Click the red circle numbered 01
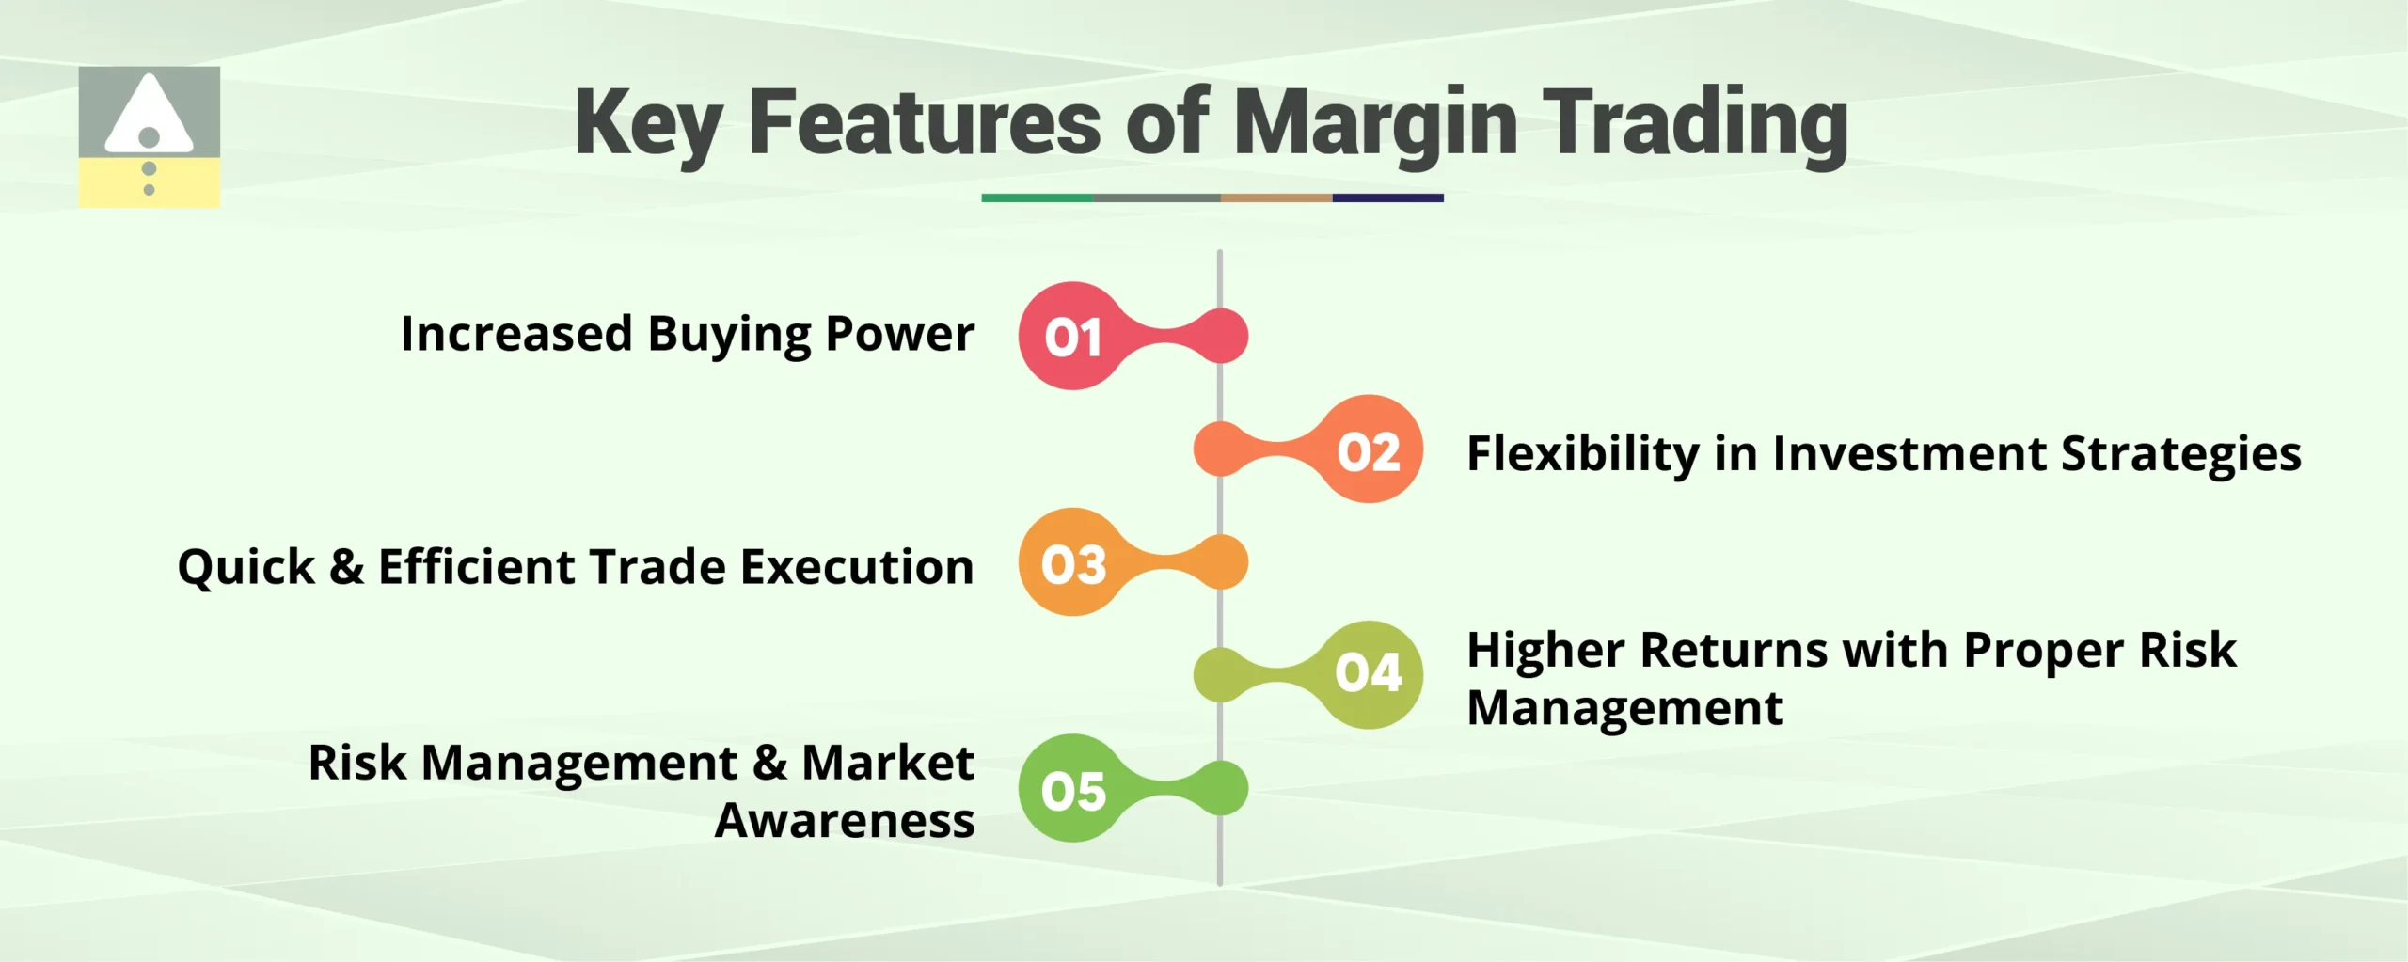pyautogui.click(x=1072, y=336)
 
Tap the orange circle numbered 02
pyautogui.click(x=1369, y=449)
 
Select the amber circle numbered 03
pyautogui.click(x=1072, y=562)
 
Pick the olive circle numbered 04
pyautogui.click(x=1369, y=674)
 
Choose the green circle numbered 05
pyautogui.click(x=1072, y=788)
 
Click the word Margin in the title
pyautogui.click(x=1375, y=122)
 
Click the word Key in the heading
pyautogui.click(x=648, y=122)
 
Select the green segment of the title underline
pyautogui.click(x=1037, y=198)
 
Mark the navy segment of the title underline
pyautogui.click(x=1387, y=198)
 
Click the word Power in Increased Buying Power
pyautogui.click(x=899, y=334)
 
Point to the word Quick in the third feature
pyautogui.click(x=246, y=567)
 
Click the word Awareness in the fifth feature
pyautogui.click(x=844, y=821)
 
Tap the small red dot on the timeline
pyautogui.click(x=1221, y=336)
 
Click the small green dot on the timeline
pyautogui.click(x=1221, y=788)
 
